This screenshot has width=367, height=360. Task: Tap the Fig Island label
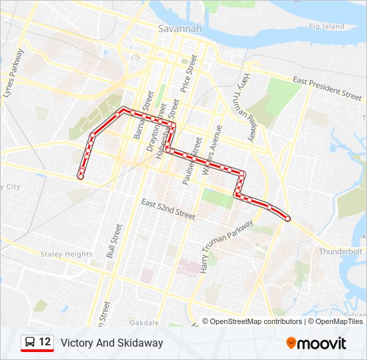click(x=326, y=27)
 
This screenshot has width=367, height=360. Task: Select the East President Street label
click(x=327, y=87)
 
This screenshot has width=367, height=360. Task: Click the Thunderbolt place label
click(x=340, y=251)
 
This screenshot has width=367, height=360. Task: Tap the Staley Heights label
click(x=66, y=254)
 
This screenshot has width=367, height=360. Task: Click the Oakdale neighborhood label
click(x=145, y=323)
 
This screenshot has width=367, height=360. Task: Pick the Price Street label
click(x=190, y=73)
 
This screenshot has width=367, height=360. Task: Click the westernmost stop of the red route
click(x=81, y=176)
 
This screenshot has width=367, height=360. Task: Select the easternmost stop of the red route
click(x=288, y=218)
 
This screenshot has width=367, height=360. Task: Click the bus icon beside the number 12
click(x=30, y=343)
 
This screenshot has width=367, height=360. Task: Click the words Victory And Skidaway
click(x=111, y=343)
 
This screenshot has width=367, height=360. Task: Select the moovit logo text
click(x=323, y=343)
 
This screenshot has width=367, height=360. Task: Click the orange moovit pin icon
click(x=292, y=343)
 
